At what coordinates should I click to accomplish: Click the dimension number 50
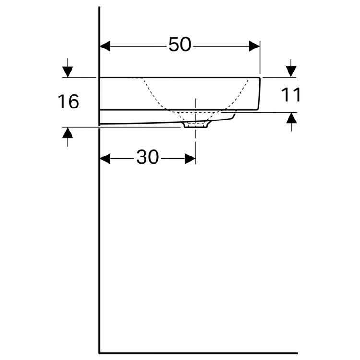coord(180,45)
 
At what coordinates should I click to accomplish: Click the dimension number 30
coord(148,157)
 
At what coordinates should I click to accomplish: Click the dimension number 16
coord(68,101)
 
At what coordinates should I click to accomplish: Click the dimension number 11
coord(291,95)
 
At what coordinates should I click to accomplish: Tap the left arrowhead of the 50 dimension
coord(105,46)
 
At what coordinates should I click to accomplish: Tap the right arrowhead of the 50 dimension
coord(254,46)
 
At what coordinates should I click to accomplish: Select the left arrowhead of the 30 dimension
coord(105,159)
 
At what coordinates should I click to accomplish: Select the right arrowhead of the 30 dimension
coord(191,159)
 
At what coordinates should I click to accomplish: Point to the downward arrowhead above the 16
coord(68,72)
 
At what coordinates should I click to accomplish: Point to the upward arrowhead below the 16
coord(68,133)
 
